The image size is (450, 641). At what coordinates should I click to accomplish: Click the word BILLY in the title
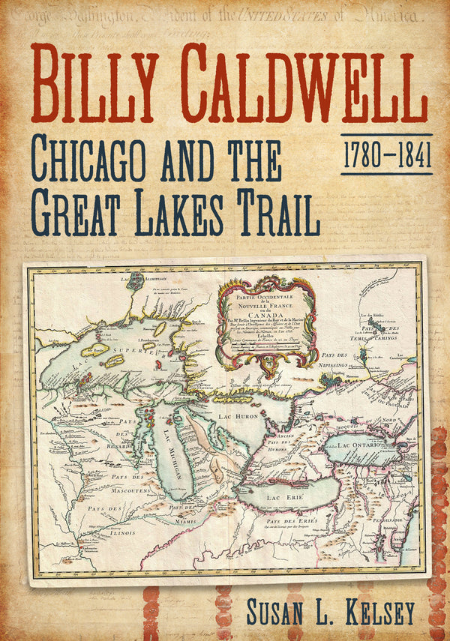pyautogui.click(x=97, y=85)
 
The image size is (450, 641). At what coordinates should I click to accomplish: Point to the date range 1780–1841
pyautogui.click(x=386, y=155)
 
